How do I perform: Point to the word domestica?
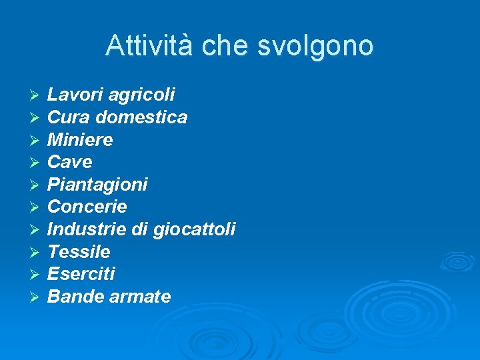(141, 117)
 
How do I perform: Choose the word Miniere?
(80, 140)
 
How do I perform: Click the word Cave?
(70, 162)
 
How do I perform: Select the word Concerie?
(87, 207)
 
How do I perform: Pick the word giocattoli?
(194, 230)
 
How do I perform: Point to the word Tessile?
(79, 252)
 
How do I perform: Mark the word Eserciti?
(81, 274)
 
